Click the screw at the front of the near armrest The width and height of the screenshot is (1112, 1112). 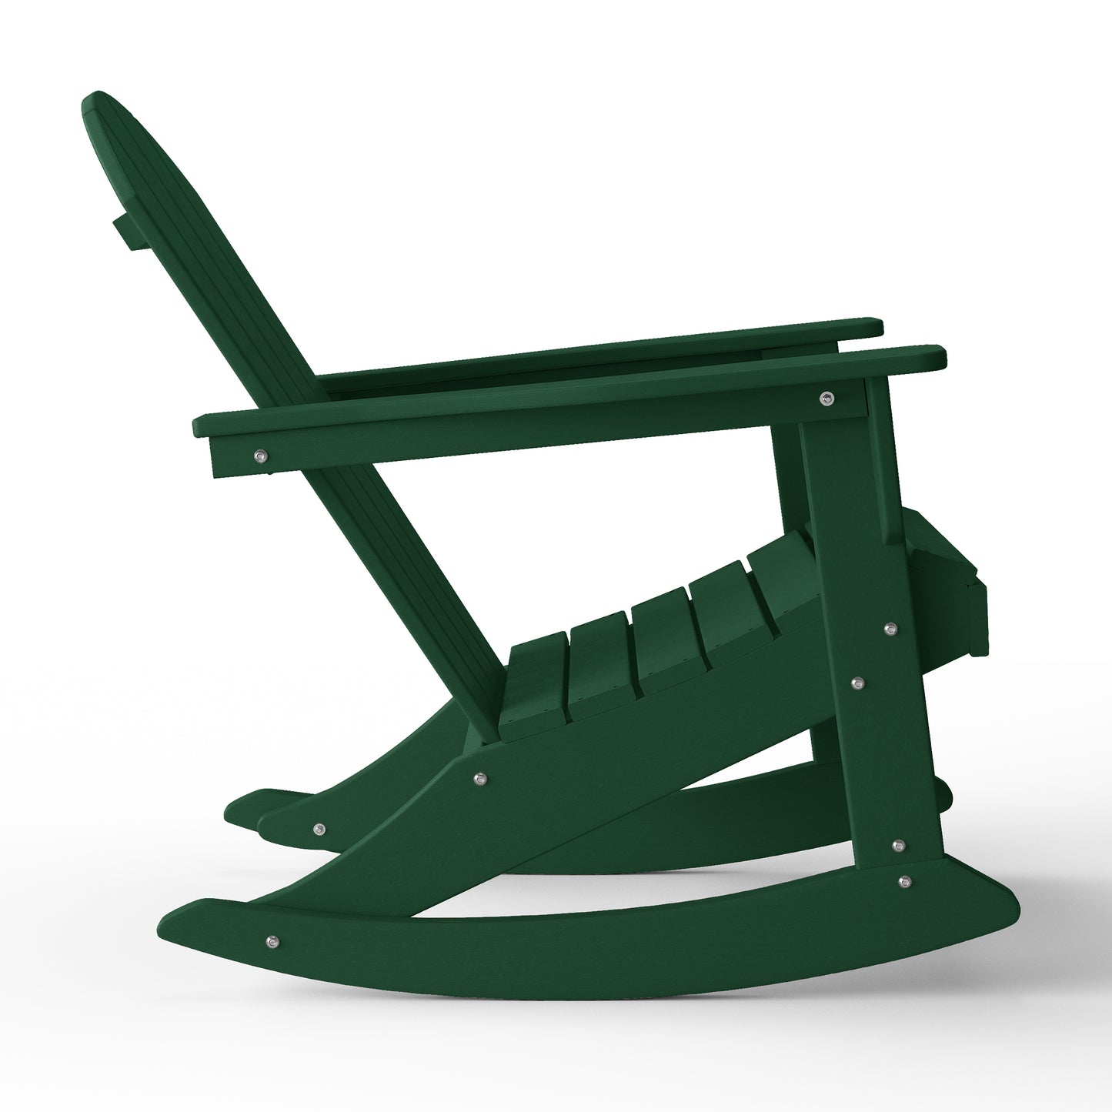click(x=827, y=397)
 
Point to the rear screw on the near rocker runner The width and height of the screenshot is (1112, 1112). click(x=271, y=940)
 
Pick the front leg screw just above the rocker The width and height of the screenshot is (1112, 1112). click(x=897, y=846)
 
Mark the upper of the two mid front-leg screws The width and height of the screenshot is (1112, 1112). click(x=892, y=629)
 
